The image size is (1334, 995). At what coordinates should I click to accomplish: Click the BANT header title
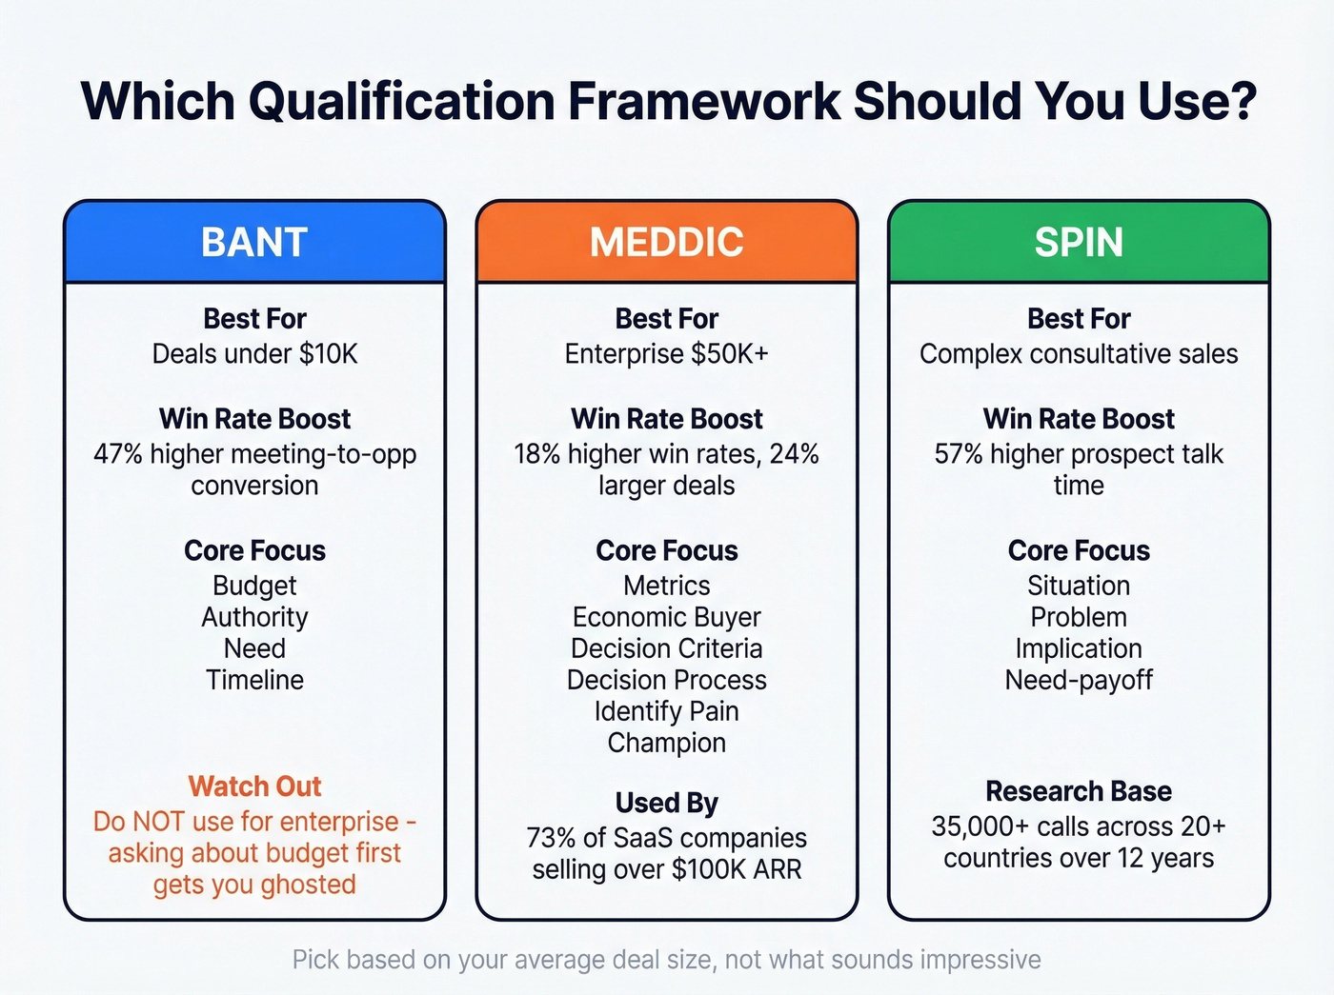click(254, 242)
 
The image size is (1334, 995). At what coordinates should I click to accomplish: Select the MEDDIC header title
click(666, 242)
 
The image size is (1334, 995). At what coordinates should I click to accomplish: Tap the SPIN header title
click(1079, 242)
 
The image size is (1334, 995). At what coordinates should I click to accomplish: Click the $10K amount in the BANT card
click(328, 354)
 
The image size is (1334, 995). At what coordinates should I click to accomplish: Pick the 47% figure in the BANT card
click(117, 454)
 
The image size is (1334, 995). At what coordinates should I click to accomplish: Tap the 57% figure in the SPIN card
click(958, 454)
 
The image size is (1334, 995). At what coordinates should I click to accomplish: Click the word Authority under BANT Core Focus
click(254, 617)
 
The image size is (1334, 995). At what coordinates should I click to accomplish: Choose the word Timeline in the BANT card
click(254, 680)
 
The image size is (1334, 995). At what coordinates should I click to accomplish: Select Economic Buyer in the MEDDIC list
click(666, 617)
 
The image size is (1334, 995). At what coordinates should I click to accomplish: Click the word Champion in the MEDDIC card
click(666, 743)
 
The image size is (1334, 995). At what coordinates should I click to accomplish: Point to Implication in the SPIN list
click(1079, 648)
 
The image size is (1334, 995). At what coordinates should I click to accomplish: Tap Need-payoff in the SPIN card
click(1079, 680)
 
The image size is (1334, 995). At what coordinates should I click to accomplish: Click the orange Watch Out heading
click(254, 786)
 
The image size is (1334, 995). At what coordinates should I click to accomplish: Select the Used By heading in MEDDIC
click(666, 803)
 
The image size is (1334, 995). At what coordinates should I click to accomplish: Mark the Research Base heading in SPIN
click(1079, 791)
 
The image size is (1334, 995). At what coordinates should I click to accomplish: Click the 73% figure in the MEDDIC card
click(551, 838)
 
